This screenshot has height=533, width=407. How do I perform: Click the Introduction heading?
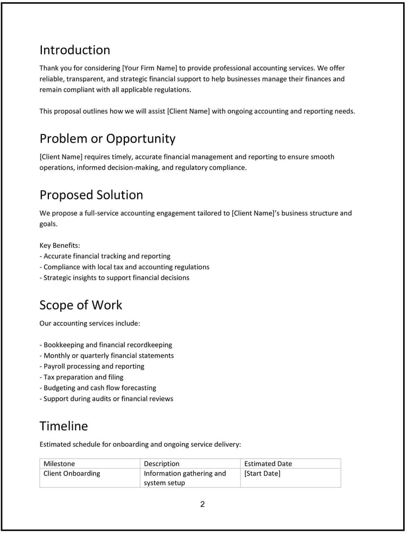click(74, 50)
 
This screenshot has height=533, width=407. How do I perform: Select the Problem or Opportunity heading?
click(107, 139)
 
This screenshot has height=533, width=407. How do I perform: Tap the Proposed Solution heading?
click(91, 195)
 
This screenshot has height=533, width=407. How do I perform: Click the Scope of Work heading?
click(81, 305)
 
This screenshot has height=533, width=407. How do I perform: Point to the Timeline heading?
click(63, 426)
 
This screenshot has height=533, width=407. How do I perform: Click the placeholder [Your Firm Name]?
click(150, 68)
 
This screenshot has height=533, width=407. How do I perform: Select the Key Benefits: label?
click(60, 246)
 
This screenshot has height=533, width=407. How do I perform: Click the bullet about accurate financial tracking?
click(105, 256)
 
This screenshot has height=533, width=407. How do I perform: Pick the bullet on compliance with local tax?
click(125, 267)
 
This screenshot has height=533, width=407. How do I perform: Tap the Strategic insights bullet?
click(115, 278)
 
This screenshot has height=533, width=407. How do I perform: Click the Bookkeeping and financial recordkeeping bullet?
click(106, 345)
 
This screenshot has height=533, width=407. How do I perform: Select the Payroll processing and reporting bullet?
click(92, 367)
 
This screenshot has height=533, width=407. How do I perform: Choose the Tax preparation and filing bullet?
click(81, 377)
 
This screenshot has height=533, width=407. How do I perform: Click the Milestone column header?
click(59, 464)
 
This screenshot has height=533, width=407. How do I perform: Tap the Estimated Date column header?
click(268, 464)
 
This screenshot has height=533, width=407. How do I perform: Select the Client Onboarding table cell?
click(72, 473)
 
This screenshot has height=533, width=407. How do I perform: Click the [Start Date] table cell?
click(262, 473)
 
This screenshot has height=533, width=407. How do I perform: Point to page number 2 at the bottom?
click(202, 504)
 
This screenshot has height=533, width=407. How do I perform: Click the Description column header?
click(161, 464)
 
